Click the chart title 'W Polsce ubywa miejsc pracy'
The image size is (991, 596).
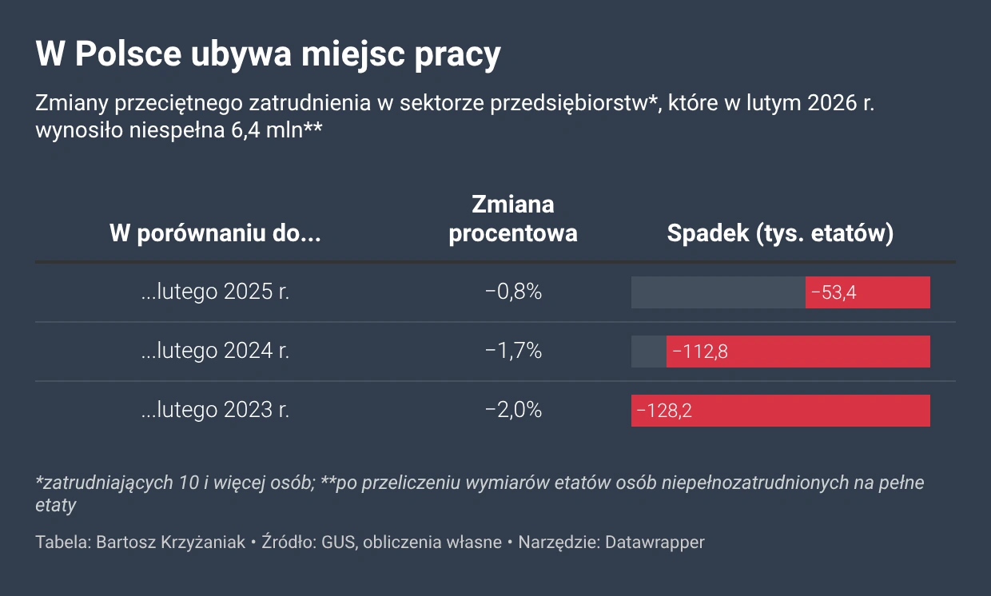click(x=268, y=55)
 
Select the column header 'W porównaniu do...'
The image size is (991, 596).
click(x=215, y=234)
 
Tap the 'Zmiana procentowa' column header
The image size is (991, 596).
click(x=513, y=219)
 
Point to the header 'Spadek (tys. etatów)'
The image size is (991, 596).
click(x=780, y=234)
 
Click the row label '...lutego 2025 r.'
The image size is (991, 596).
click(x=215, y=292)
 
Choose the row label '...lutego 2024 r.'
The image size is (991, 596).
click(x=215, y=351)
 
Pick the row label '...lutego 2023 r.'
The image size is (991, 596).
click(x=215, y=410)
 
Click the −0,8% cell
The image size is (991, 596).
click(x=513, y=292)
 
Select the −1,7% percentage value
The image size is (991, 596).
click(x=513, y=351)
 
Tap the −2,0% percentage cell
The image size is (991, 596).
click(x=513, y=410)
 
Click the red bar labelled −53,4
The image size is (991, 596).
click(x=867, y=292)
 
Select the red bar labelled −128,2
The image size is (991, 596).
click(x=780, y=411)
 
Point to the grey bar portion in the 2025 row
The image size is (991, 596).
click(x=718, y=292)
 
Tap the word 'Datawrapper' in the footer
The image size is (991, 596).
click(x=655, y=542)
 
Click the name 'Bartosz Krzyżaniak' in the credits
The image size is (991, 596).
click(x=170, y=542)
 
